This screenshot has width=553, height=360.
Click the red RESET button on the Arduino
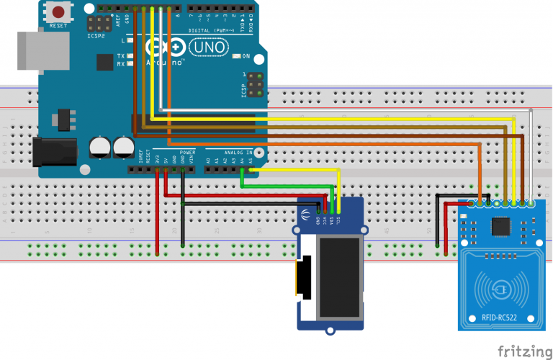58,13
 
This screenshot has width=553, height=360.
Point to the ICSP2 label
95,34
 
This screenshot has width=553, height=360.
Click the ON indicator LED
237,56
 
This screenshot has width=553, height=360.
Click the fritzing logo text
523,351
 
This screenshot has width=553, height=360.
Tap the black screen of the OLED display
340,278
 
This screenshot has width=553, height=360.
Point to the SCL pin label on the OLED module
338,220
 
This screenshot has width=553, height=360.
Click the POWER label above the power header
187,153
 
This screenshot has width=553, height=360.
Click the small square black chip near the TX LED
104,63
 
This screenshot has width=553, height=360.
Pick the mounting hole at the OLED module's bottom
331,330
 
